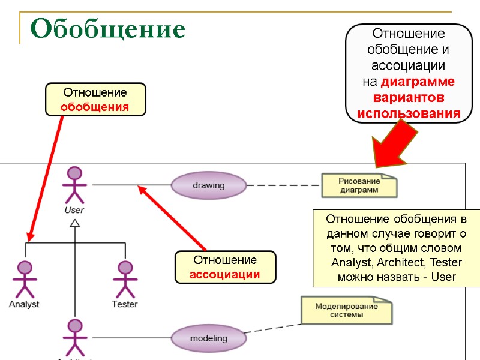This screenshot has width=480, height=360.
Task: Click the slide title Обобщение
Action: (108, 28)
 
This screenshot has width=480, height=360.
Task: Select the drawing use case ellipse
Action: (208, 185)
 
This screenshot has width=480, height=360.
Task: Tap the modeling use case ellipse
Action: (208, 338)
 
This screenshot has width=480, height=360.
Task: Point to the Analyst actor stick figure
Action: (24, 279)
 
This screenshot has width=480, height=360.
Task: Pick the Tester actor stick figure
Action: (125, 279)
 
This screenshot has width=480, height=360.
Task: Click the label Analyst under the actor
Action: (24, 304)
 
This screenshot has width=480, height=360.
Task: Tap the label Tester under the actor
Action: (125, 304)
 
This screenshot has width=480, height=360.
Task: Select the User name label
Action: (74, 210)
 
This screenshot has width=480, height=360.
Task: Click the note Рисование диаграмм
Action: (359, 185)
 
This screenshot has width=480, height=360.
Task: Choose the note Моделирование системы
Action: (347, 310)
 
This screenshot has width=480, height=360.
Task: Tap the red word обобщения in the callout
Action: (95, 107)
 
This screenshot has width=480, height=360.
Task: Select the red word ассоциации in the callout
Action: (224, 274)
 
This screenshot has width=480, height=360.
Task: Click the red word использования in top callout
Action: (409, 113)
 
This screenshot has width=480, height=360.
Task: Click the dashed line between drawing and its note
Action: (283, 185)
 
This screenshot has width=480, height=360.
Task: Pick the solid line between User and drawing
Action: (132, 185)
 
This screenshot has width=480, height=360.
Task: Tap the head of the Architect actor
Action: (74, 326)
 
